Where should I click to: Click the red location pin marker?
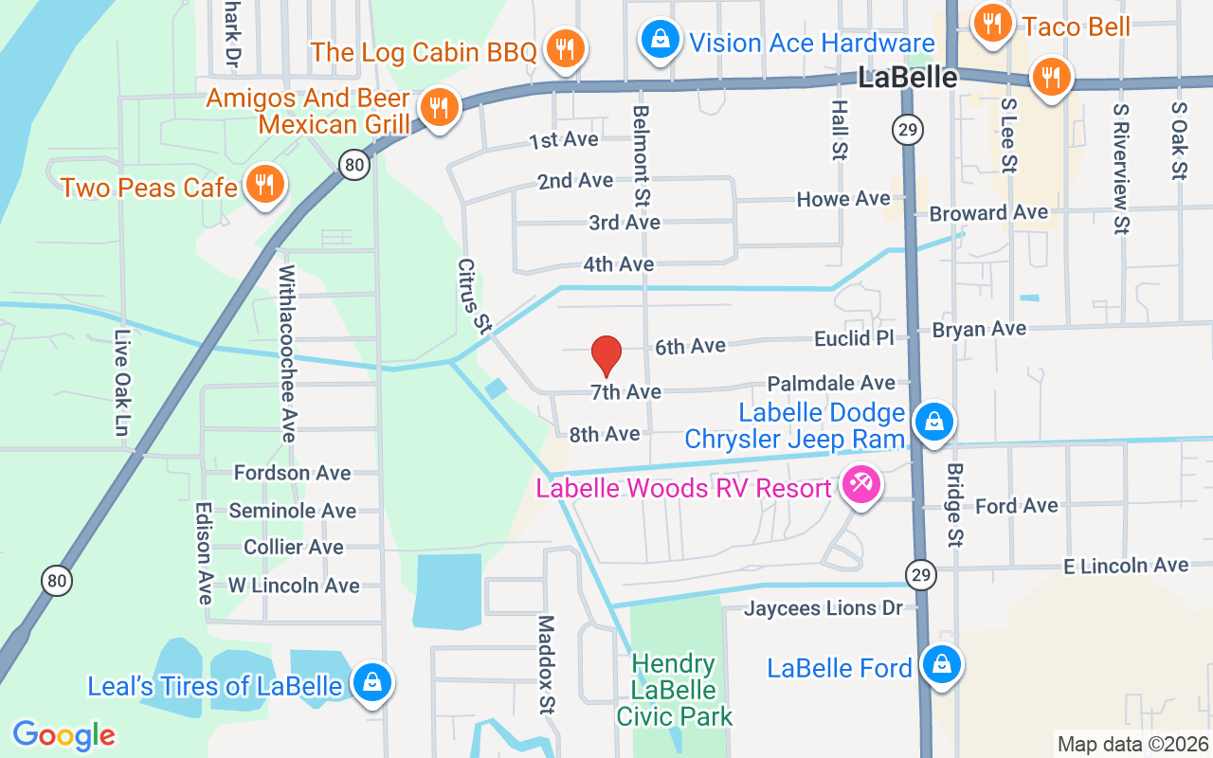click(606, 354)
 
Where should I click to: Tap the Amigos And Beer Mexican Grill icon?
click(438, 107)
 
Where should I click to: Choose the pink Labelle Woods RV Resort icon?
click(861, 485)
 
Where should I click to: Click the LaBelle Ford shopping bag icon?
click(941, 664)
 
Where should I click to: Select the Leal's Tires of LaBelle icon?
click(371, 682)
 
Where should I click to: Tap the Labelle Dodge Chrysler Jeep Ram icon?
click(934, 421)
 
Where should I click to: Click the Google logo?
click(64, 735)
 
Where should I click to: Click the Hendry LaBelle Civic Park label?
click(675, 690)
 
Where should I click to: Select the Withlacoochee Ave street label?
click(287, 352)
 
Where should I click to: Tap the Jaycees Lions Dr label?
click(824, 608)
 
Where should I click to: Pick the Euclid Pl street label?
click(854, 339)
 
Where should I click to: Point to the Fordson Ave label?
click(292, 473)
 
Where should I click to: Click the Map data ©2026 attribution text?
click(1132, 745)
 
